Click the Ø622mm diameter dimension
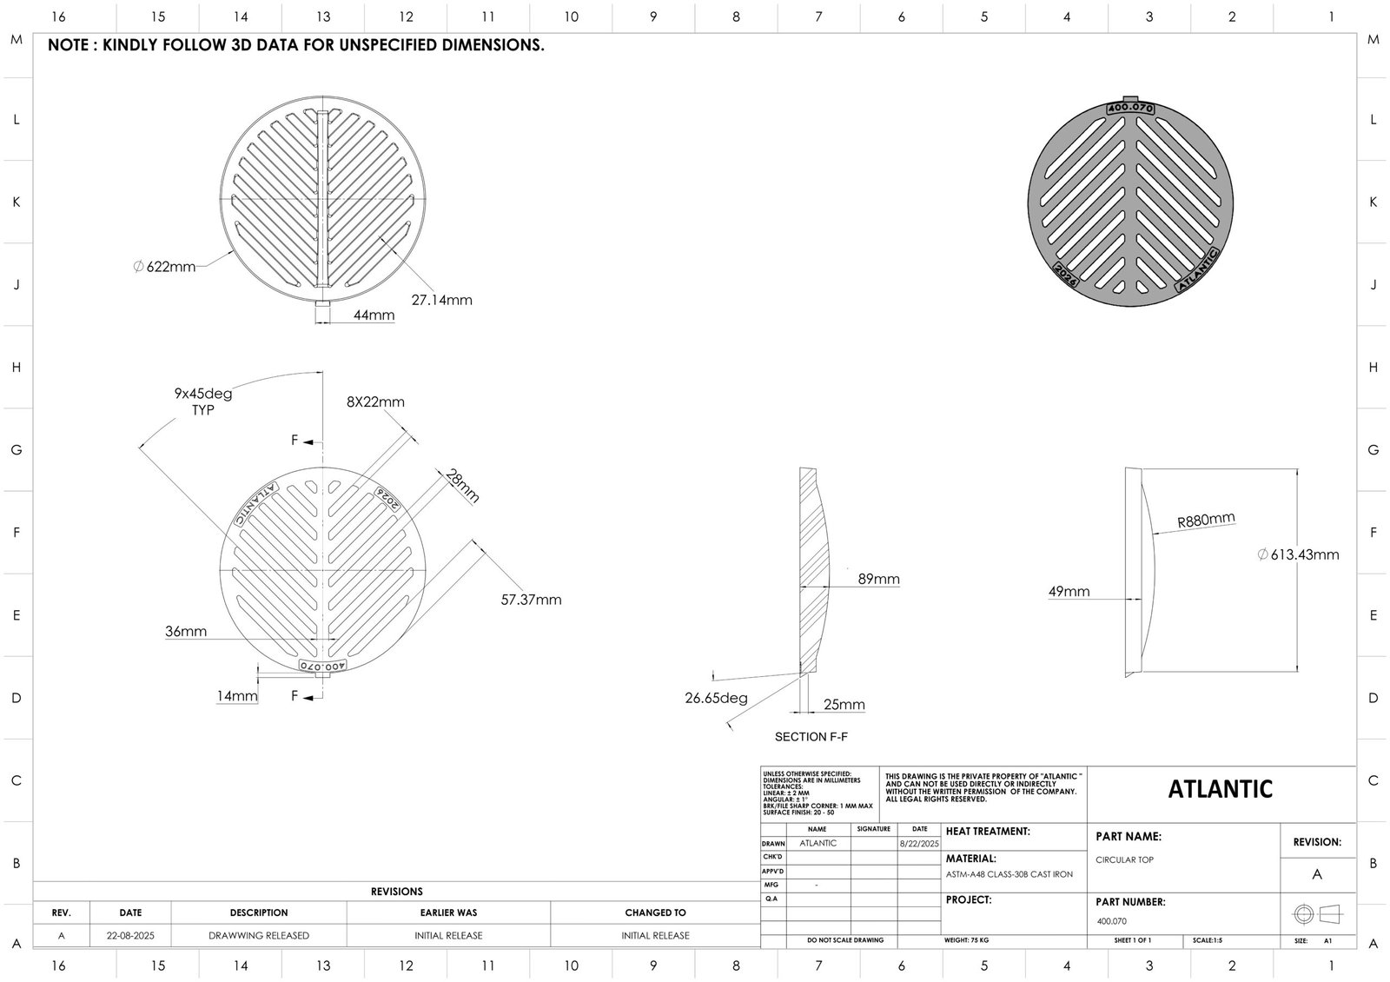pyautogui.click(x=164, y=267)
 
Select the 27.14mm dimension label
pyautogui.click(x=441, y=300)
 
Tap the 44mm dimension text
pyautogui.click(x=374, y=315)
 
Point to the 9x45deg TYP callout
pyautogui.click(x=203, y=401)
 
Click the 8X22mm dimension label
pyautogui.click(x=375, y=401)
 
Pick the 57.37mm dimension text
pyautogui.click(x=531, y=600)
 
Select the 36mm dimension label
pyautogui.click(x=186, y=632)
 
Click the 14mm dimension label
pyautogui.click(x=237, y=696)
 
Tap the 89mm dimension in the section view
pyautogui.click(x=878, y=579)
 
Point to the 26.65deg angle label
pyautogui.click(x=716, y=698)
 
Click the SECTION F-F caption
pyautogui.click(x=811, y=737)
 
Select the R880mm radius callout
pyautogui.click(x=1206, y=521)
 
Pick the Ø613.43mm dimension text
pyautogui.click(x=1298, y=554)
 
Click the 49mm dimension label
pyautogui.click(x=1069, y=592)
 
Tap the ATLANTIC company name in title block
pyautogui.click(x=1220, y=789)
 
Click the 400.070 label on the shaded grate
pyautogui.click(x=1129, y=108)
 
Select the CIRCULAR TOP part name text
pyautogui.click(x=1125, y=859)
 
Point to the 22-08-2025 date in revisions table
pyautogui.click(x=130, y=936)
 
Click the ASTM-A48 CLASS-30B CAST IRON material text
pyautogui.click(x=1009, y=874)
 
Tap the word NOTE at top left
pyautogui.click(x=68, y=46)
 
